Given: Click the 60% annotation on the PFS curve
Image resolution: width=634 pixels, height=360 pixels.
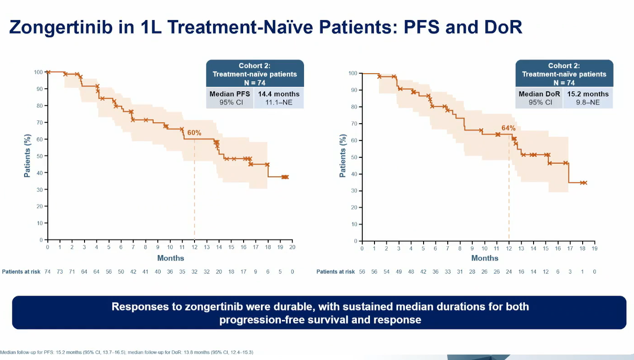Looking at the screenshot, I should click(x=195, y=133).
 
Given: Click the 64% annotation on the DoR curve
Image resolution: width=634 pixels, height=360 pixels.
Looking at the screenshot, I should click(x=509, y=128).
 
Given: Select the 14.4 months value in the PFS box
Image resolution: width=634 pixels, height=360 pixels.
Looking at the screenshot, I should click(x=279, y=94).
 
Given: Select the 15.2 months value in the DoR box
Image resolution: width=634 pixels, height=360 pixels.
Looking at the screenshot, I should click(x=588, y=94).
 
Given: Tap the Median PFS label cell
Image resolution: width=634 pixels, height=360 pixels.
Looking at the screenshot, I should click(x=230, y=94).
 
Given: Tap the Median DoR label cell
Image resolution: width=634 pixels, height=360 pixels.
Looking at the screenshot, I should click(x=539, y=94).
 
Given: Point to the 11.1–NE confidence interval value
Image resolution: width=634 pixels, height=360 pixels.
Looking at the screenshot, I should click(x=279, y=102).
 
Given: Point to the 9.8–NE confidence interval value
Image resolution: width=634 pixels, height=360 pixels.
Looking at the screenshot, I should click(x=588, y=102).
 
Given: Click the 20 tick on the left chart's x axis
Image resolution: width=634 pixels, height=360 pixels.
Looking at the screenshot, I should click(x=292, y=247).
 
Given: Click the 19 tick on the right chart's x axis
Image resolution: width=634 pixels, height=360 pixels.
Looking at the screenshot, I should click(x=594, y=248).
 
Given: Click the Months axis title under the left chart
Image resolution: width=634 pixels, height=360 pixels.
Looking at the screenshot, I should click(x=170, y=258).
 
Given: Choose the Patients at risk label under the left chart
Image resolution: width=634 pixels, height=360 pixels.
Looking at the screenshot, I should click(x=21, y=272).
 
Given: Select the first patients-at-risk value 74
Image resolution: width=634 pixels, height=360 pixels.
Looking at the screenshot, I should click(x=47, y=272).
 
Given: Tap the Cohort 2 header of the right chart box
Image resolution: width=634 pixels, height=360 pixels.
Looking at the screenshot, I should click(x=564, y=66).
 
